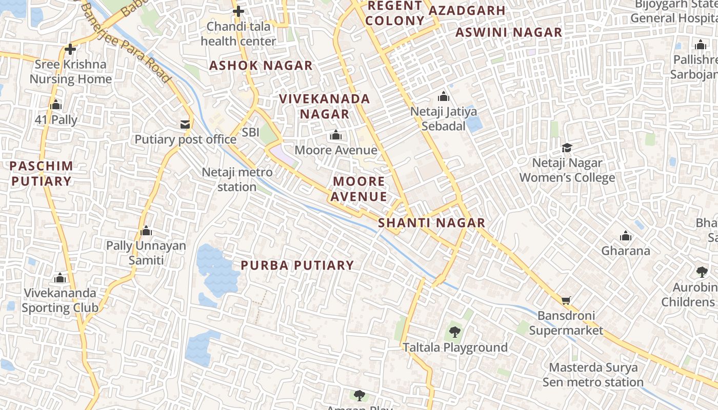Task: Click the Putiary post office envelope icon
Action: [185, 125]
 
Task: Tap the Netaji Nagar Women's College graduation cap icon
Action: [567, 148]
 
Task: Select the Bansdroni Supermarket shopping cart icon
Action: [566, 300]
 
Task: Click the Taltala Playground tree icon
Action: [454, 332]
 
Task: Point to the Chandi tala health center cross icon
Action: [238, 11]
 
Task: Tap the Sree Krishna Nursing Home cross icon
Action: [70, 49]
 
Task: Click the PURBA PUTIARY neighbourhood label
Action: [297, 265]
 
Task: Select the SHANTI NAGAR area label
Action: [431, 222]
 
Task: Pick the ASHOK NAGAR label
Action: [261, 66]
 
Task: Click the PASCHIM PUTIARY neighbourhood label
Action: [41, 173]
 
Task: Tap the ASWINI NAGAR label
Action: [509, 32]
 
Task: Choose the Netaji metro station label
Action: [237, 179]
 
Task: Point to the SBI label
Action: [251, 132]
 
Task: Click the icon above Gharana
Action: [625, 236]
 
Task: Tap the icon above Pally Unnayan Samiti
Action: [146, 231]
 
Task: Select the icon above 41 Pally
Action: [56, 105]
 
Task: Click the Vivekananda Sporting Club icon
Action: [60, 278]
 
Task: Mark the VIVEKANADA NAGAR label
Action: [324, 106]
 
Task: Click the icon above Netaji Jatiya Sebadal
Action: [444, 96]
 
